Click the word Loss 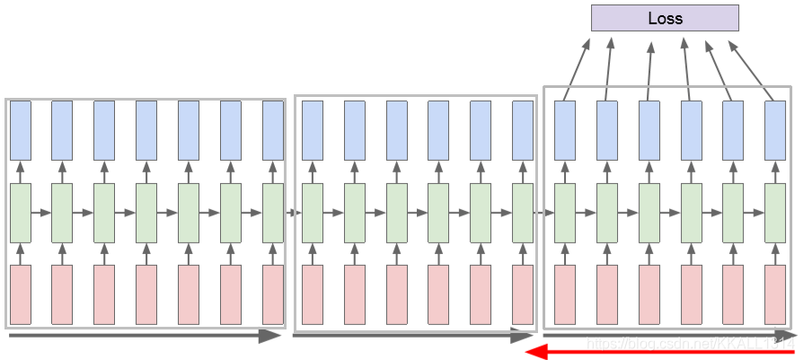(665, 18)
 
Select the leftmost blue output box (20, 130)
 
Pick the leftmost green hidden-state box (20, 213)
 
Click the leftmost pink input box (20, 294)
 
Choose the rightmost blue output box (775, 130)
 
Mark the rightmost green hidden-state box (775, 213)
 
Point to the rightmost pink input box (775, 294)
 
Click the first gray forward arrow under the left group (144, 336)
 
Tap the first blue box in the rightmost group (564, 130)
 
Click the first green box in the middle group (312, 213)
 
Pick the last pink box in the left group (273, 294)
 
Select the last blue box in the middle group (522, 130)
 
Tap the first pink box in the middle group (312, 294)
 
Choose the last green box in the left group (273, 213)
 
